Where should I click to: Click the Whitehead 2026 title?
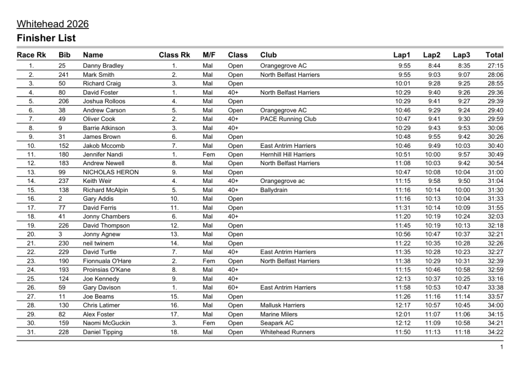click(53, 24)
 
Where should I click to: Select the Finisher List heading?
click(46, 38)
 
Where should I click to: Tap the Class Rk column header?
click(174, 55)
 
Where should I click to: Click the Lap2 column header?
click(432, 55)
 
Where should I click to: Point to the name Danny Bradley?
click(103, 66)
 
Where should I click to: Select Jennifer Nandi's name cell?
click(102, 155)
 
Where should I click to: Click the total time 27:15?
click(495, 66)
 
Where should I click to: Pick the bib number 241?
click(64, 75)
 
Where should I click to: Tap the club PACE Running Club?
click(288, 119)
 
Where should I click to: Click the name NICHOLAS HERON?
click(110, 172)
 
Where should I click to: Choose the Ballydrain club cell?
click(274, 190)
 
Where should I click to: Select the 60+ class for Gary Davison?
click(234, 288)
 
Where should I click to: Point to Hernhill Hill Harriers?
click(287, 155)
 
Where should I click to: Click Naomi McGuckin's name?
click(106, 323)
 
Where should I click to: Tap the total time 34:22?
click(495, 332)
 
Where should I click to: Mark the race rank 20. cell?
click(31, 234)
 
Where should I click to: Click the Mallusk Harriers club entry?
click(282, 305)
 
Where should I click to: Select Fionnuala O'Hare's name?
click(107, 261)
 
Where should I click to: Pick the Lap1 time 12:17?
click(402, 305)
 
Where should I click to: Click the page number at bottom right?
click(502, 347)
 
